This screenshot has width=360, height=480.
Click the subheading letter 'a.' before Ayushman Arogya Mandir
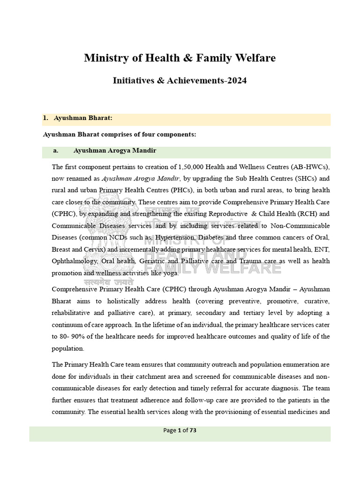[56, 150]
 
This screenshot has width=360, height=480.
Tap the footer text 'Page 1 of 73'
[180, 430]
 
